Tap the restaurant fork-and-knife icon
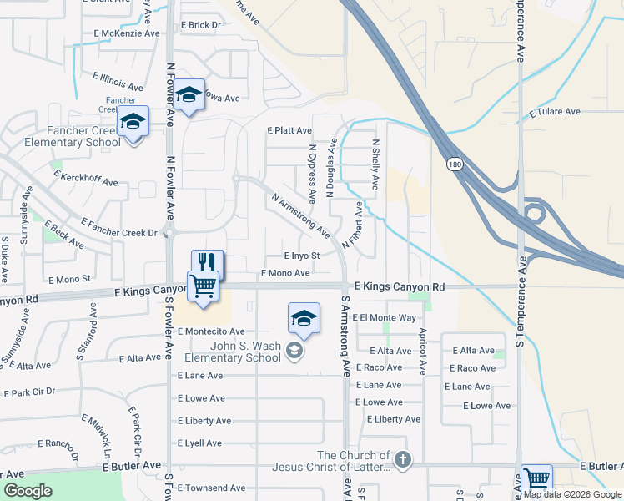(208, 261)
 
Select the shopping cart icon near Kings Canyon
(204, 286)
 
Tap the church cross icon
(402, 458)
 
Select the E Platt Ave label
(289, 131)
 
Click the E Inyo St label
(302, 256)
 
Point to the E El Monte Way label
(385, 318)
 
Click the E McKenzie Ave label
(127, 33)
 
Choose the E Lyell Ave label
(204, 443)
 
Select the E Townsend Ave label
(212, 488)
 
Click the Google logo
(28, 491)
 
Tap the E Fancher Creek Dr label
(119, 228)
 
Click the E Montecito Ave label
(211, 331)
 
